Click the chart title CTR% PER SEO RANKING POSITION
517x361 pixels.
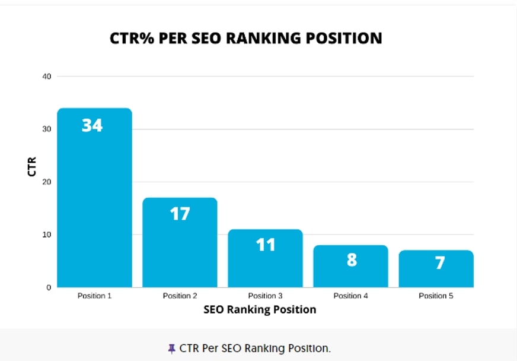point(246,39)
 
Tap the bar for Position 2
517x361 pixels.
point(180,249)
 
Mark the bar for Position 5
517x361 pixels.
point(436,276)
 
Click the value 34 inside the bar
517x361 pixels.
point(92,126)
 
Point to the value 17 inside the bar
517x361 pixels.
point(180,214)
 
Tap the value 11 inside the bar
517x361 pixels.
point(266,245)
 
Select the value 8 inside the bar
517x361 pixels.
point(352,260)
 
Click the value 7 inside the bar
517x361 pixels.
point(439,263)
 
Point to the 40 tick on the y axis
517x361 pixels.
point(47,77)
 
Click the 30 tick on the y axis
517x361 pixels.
point(47,129)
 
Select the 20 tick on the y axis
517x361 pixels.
point(47,182)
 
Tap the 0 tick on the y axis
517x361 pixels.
point(49,287)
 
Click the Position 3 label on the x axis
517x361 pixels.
point(266,296)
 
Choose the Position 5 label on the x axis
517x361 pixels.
point(436,296)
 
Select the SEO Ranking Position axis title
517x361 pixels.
point(260,309)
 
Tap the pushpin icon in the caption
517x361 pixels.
point(172,349)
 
